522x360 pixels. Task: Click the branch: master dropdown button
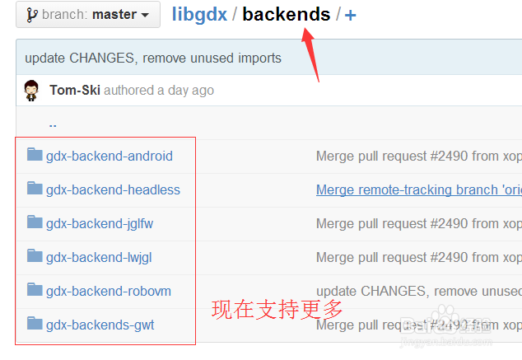(88, 15)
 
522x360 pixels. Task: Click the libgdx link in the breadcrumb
(200, 14)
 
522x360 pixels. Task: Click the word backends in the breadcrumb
(287, 14)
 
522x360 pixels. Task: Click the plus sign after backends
(351, 15)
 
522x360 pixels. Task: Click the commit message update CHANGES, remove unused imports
(153, 58)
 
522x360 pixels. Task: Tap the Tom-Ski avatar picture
(31, 91)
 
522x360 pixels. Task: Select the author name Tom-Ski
(75, 90)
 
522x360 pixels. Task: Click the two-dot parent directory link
(53, 124)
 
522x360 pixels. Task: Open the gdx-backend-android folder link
(109, 156)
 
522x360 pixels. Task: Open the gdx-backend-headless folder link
(113, 189)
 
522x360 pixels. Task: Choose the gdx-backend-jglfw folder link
(100, 223)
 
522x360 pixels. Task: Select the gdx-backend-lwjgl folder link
(99, 257)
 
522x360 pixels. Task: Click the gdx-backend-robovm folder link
(109, 291)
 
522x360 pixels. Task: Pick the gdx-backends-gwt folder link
(100, 325)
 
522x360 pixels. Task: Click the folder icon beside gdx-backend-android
(35, 155)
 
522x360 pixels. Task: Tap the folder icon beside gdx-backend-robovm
(35, 290)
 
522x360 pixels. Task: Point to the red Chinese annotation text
(277, 310)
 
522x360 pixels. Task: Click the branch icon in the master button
(31, 15)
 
